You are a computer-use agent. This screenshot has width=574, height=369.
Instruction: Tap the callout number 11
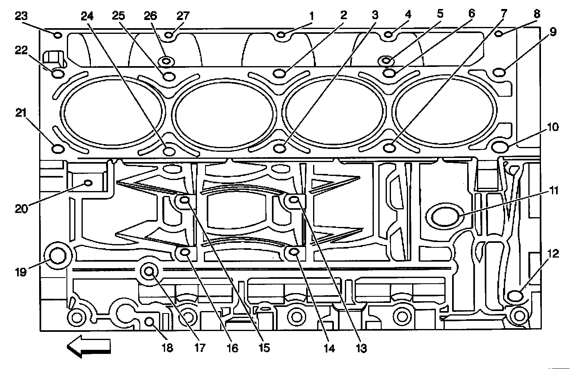tap(553, 190)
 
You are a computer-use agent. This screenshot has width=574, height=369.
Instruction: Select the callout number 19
tap(21, 271)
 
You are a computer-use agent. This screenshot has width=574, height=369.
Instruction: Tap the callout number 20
tap(21, 209)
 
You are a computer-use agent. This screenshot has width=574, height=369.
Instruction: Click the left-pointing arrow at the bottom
tap(89, 346)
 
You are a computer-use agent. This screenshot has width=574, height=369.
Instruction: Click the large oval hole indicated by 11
tap(444, 216)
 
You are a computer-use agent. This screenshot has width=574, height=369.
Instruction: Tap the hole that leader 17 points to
tap(150, 270)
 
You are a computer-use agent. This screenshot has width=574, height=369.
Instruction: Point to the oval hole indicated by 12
tap(516, 295)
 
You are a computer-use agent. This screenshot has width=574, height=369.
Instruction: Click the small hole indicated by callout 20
tap(87, 183)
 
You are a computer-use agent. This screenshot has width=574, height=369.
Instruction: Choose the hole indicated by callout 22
tap(57, 74)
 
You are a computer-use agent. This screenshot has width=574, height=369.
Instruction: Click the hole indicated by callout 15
tap(185, 200)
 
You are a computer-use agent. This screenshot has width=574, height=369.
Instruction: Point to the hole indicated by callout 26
tap(166, 62)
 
